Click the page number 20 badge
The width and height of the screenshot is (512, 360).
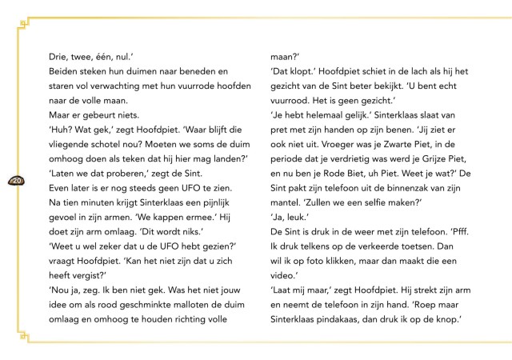pyautogui.click(x=16, y=181)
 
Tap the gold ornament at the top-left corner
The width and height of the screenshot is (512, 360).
pyautogui.click(x=24, y=23)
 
